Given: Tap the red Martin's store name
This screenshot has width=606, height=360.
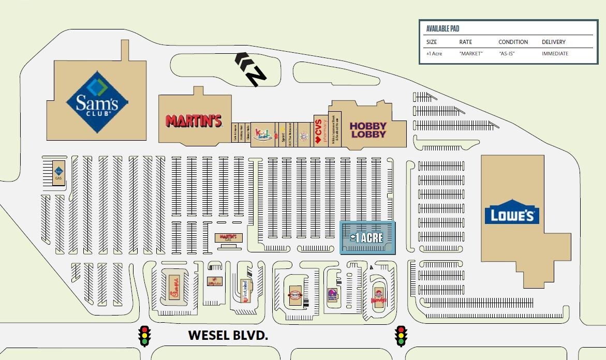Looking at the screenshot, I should [194, 121].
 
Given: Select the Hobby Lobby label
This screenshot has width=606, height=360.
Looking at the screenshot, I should [368, 130].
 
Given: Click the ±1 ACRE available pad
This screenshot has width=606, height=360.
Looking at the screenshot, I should [367, 238].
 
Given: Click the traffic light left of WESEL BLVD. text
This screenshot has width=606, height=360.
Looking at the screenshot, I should [144, 336].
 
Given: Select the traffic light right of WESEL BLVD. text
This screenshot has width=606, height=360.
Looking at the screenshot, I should [400, 336].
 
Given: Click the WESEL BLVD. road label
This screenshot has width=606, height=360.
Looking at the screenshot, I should [228, 335].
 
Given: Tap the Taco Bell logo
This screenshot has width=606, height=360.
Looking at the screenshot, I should [332, 296].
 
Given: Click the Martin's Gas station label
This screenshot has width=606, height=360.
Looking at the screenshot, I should [228, 237].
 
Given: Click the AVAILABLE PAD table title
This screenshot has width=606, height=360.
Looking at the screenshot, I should [442, 29].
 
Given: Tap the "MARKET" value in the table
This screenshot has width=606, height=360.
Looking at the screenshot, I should [470, 54].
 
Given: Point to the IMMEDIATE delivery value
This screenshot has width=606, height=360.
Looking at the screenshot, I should [555, 54].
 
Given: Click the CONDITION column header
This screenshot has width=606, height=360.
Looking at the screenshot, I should [513, 42].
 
